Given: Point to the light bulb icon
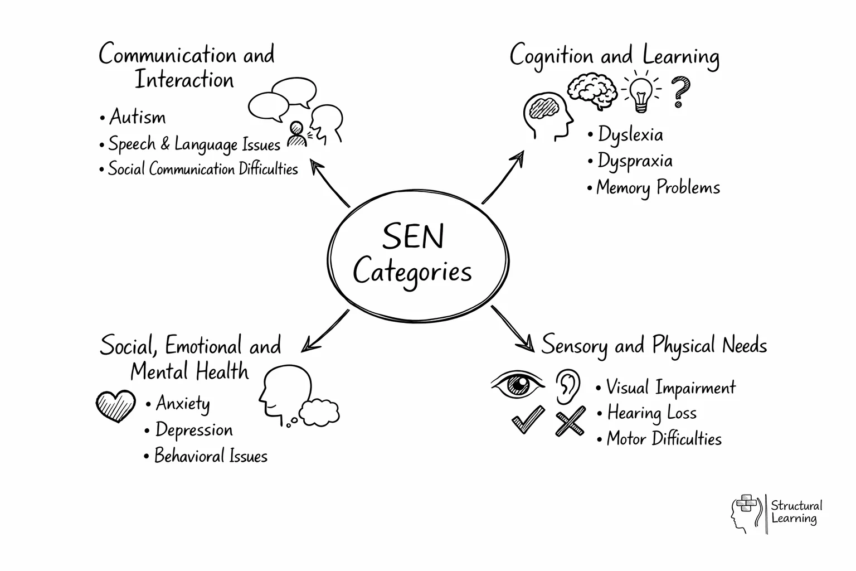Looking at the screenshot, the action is pos(640,93).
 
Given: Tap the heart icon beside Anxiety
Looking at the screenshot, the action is pos(116,405).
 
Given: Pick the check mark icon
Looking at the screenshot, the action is pos(527,420).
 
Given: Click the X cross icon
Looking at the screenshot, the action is pos(570,421).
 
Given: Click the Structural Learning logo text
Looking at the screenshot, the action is pos(796,512).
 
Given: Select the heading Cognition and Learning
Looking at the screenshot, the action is pos(614,56).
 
